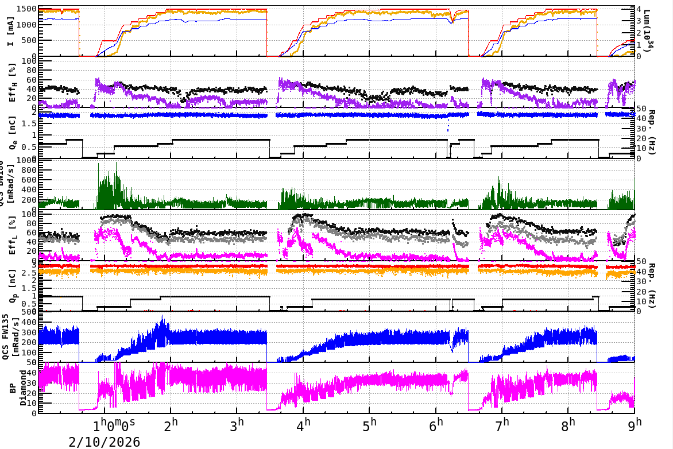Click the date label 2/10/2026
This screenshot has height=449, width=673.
coord(104,442)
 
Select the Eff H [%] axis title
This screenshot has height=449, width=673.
coord(13,83)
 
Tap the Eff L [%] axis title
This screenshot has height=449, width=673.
coord(13,236)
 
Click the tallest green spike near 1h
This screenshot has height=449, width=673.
coord(117,163)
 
